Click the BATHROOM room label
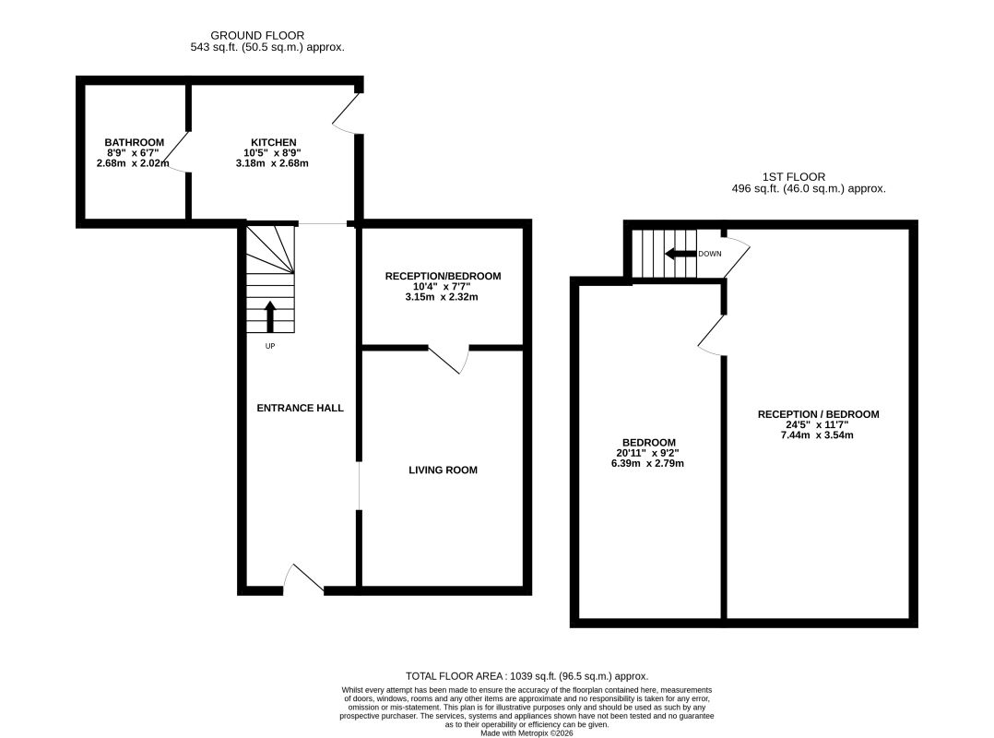pyautogui.click(x=135, y=143)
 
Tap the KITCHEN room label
pyautogui.click(x=274, y=143)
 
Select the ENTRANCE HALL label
pyautogui.click(x=300, y=409)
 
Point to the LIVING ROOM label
pyautogui.click(x=444, y=470)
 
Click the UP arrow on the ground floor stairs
pyautogui.click(x=270, y=316)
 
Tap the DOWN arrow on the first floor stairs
pyautogui.click(x=680, y=255)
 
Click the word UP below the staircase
pyautogui.click(x=270, y=346)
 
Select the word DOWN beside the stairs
pyautogui.click(x=710, y=255)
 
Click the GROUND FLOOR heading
pyautogui.click(x=257, y=35)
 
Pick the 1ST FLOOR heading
pyautogui.click(x=794, y=177)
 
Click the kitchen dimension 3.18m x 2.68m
pyautogui.click(x=272, y=163)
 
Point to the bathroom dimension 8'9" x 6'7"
pyautogui.click(x=133, y=153)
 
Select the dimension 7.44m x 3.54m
pyautogui.click(x=817, y=435)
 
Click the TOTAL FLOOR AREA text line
pyautogui.click(x=527, y=676)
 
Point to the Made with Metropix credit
pyautogui.click(x=527, y=733)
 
